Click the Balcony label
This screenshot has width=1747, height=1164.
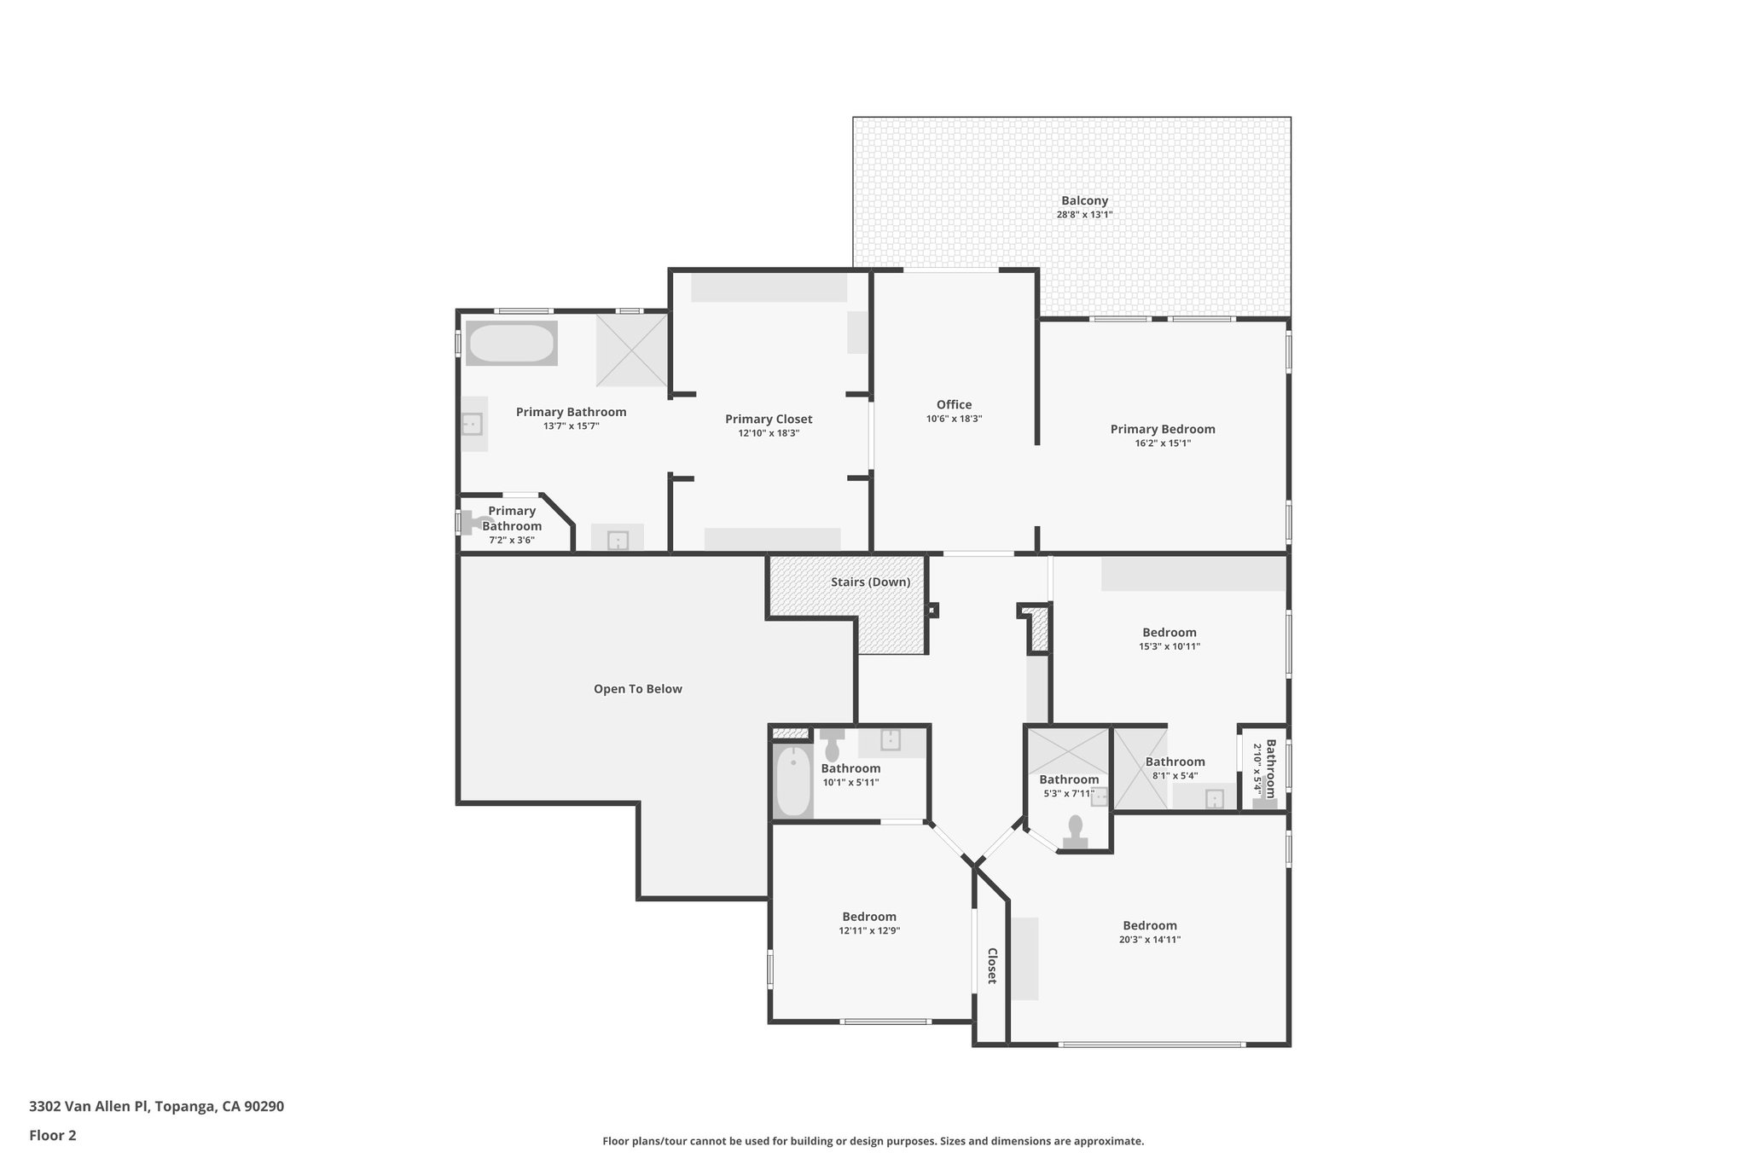[1084, 201]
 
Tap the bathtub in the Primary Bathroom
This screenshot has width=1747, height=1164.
[511, 344]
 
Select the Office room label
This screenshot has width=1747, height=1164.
[954, 405]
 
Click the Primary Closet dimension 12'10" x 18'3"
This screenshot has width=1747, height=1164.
[768, 433]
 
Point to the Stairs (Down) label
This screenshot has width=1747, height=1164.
[870, 582]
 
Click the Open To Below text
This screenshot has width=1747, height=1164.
[637, 689]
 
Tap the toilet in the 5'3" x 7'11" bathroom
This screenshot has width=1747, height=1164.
[1075, 831]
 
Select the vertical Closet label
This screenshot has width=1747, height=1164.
[992, 965]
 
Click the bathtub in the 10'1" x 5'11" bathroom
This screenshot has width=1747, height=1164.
[793, 780]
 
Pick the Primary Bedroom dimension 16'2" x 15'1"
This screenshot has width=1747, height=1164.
[1162, 443]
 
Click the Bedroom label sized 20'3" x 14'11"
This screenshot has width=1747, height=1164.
[1149, 925]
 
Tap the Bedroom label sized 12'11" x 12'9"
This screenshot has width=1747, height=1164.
[868, 917]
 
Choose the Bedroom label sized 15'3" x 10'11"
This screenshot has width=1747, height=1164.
[1169, 633]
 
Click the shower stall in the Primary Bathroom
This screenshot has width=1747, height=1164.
[631, 350]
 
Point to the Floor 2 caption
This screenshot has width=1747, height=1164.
[53, 1136]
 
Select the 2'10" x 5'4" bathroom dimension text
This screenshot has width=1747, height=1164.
[1257, 768]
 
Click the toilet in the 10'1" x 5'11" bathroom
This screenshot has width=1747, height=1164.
[832, 746]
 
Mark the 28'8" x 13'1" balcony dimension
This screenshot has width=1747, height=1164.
[1084, 215]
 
